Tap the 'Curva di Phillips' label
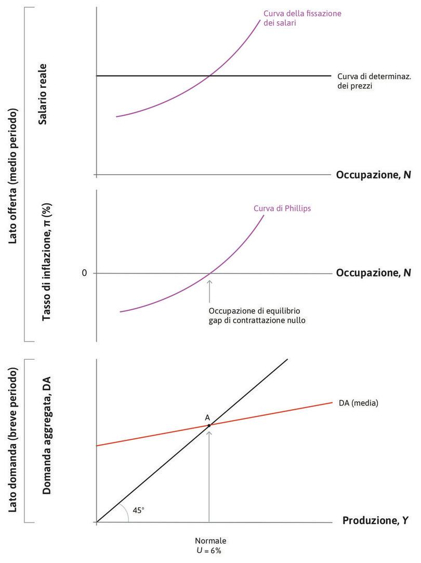[x=282, y=208]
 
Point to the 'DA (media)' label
[x=358, y=403]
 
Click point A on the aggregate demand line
[x=209, y=425]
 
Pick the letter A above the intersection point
[x=207, y=417]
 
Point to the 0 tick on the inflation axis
[x=84, y=273]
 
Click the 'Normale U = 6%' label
[x=210, y=545]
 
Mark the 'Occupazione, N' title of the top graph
[x=373, y=175]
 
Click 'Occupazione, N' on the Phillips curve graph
[x=373, y=272]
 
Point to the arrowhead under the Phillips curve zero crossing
[x=209, y=281]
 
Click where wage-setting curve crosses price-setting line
[x=209, y=76]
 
